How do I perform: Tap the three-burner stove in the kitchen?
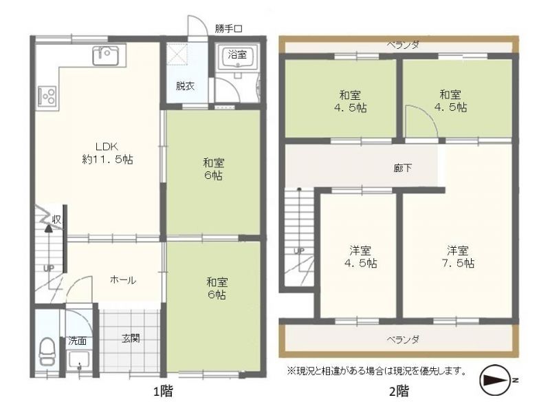pyautogui.click(x=47, y=95)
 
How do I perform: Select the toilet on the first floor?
pyautogui.click(x=47, y=351)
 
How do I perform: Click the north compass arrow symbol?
pyautogui.click(x=495, y=380)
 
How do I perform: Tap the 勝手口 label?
pyautogui.click(x=228, y=29)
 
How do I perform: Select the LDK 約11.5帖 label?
pyautogui.click(x=107, y=153)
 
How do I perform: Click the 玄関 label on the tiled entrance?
pyautogui.click(x=131, y=338)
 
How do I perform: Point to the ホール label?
pyautogui.click(x=123, y=280)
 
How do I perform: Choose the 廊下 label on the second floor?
pyautogui.click(x=402, y=168)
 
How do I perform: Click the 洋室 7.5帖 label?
pyautogui.click(x=458, y=257)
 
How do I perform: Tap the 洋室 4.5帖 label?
pyautogui.click(x=360, y=257)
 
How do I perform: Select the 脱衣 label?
pyautogui.click(x=185, y=85)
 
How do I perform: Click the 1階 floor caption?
pyautogui.click(x=163, y=390)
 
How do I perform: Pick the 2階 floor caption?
pyautogui.click(x=399, y=390)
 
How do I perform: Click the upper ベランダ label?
pyautogui.click(x=403, y=45)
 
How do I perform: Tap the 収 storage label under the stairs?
pyautogui.click(x=56, y=220)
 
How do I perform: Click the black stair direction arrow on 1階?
pyautogui.click(x=48, y=229)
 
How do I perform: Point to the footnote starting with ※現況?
pyautogui.click(x=377, y=371)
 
